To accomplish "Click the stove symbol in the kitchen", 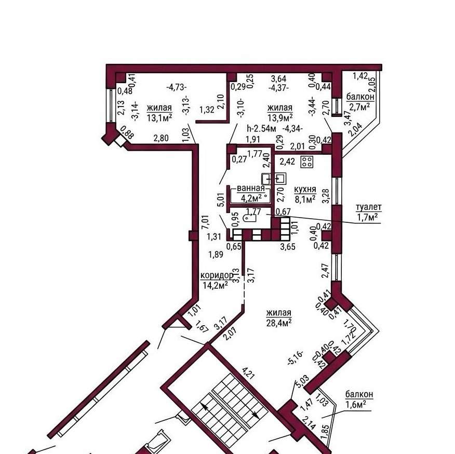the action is point(307,162).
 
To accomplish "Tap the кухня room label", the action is point(305,190).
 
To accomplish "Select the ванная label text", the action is point(251,189).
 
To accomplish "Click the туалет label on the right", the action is point(369,207).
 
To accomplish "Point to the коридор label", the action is point(217,275).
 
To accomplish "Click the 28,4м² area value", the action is point(279,323).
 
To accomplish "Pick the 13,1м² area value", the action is point(159,118).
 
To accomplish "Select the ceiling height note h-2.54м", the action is point(261,128).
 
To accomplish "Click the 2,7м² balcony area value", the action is point(359,107).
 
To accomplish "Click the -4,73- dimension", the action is point(177,87).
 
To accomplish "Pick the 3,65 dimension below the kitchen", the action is point(288,247).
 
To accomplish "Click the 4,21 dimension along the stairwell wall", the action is point(249,373).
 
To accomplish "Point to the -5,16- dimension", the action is point(296,358).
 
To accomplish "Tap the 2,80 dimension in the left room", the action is point(161,138).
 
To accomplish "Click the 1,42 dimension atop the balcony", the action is point(360,76).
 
